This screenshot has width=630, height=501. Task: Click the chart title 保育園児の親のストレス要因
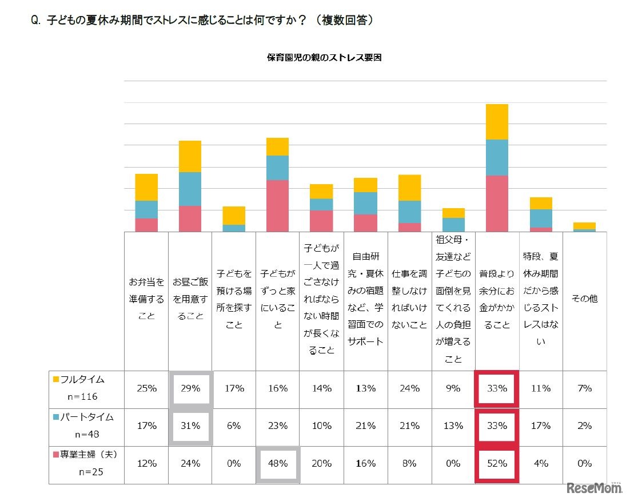pyautogui.click(x=324, y=57)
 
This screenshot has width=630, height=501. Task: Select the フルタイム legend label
pyautogui.click(x=82, y=379)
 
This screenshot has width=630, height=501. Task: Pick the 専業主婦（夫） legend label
pyautogui.click(x=87, y=455)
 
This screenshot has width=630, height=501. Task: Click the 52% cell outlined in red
pyautogui.click(x=497, y=464)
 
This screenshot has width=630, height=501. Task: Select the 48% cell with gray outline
pyautogui.click(x=278, y=464)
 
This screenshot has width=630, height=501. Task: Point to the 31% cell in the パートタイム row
pyautogui.click(x=190, y=426)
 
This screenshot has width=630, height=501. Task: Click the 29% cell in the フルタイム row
pyautogui.click(x=190, y=388)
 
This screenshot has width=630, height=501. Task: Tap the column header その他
pyautogui.click(x=584, y=299)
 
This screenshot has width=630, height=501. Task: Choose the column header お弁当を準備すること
pyautogui.click(x=146, y=299)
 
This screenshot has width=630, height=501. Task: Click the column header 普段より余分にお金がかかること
pyautogui.click(x=497, y=299)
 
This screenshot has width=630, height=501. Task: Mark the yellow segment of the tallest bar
pyautogui.click(x=497, y=122)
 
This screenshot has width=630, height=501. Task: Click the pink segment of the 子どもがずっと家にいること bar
pyautogui.click(x=278, y=206)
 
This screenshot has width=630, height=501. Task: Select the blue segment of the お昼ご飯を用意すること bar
pyautogui.click(x=190, y=189)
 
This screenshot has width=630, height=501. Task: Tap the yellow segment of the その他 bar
pyautogui.click(x=584, y=225)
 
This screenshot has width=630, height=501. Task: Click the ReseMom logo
pyautogui.click(x=595, y=488)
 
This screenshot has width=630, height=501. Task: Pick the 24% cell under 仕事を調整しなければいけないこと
pyautogui.click(x=409, y=388)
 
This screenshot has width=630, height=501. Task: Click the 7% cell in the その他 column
pyautogui.click(x=584, y=388)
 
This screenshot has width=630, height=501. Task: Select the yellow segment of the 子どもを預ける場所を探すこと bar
pyautogui.click(x=234, y=216)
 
